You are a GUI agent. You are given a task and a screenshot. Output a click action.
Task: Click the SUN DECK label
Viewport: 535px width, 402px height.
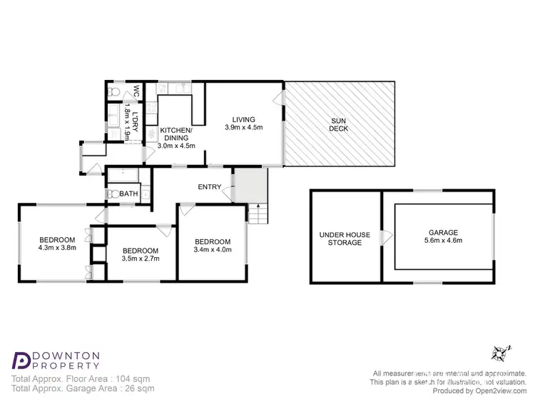pos(340,124)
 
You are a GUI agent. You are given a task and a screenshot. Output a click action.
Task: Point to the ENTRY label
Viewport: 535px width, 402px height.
pos(208,187)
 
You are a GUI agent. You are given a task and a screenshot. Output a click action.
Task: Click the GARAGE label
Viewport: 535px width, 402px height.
pos(443,232)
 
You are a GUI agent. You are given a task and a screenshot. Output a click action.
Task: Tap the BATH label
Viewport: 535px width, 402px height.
pos(128,194)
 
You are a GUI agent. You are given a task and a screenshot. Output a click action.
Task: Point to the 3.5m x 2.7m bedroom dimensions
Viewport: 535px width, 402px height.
pos(140,259)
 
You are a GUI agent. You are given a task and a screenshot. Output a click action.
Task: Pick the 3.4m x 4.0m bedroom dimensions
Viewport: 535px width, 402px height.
pos(213,249)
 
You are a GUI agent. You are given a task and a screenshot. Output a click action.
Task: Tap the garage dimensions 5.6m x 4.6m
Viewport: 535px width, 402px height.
pos(443,241)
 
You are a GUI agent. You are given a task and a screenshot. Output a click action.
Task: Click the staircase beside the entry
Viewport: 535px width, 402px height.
pos(260,213)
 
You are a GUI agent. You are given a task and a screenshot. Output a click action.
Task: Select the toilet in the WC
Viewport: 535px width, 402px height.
pos(112,93)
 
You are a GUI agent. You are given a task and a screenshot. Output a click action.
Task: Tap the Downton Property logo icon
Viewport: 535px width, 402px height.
pos(21,360)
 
